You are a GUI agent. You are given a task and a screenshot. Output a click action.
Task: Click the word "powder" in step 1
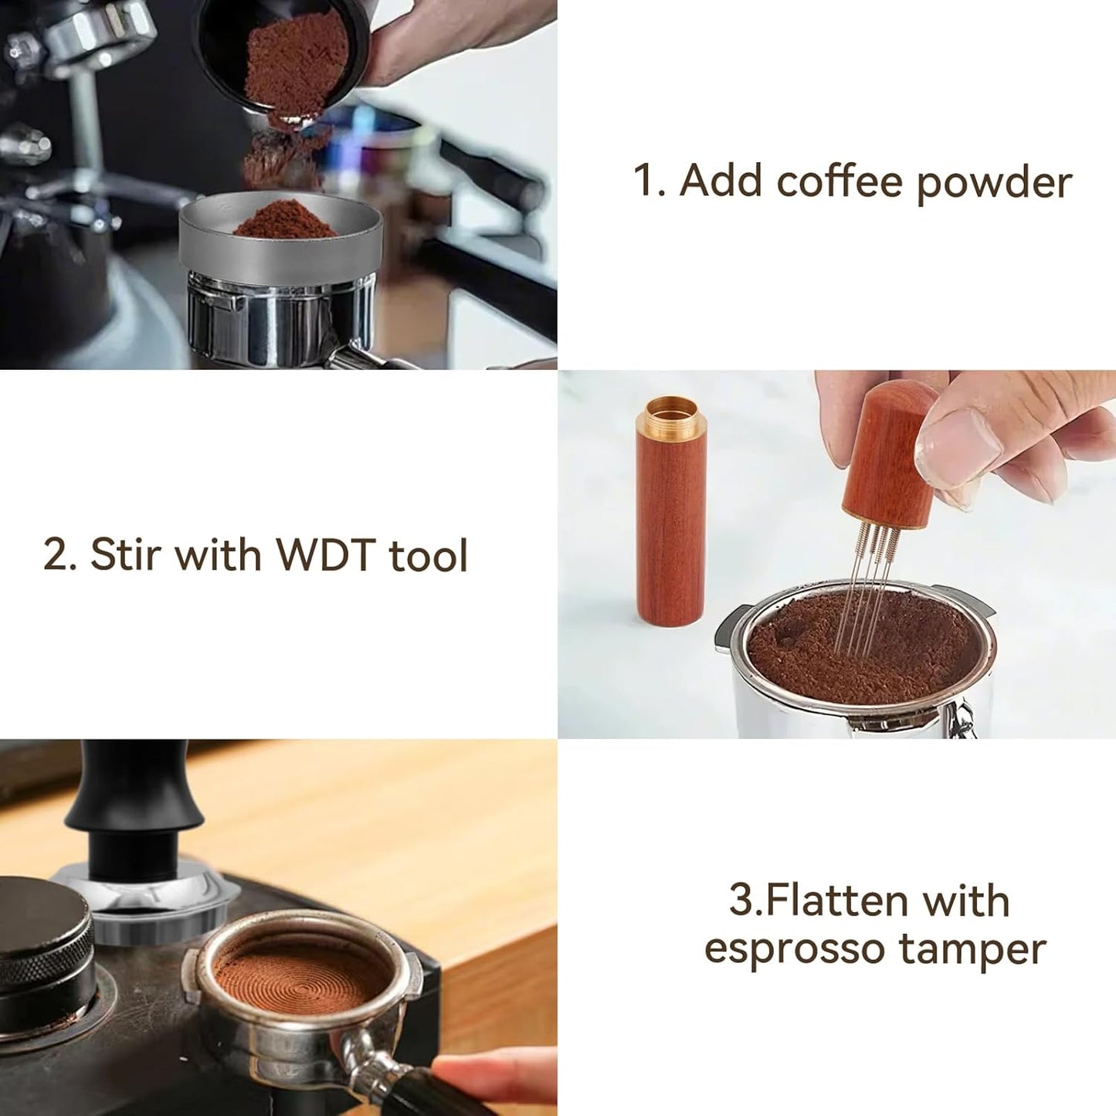994,183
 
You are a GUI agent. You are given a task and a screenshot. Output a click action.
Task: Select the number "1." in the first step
650,181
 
